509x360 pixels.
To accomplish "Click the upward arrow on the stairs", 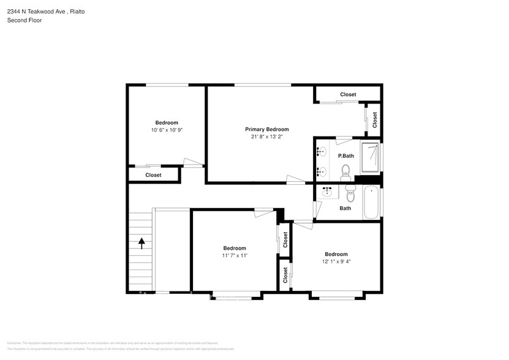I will [142, 243].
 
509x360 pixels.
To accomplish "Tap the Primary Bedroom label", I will [266, 129].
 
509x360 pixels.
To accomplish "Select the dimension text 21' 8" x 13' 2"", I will [266, 137].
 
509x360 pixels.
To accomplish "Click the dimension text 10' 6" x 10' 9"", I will [167, 130].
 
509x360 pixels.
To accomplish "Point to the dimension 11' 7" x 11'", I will [235, 255].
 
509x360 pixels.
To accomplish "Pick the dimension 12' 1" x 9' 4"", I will [336, 261].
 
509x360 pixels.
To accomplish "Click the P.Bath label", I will [346, 156].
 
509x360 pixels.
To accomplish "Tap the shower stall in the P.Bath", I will [369, 157].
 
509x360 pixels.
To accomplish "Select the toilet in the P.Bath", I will [345, 171].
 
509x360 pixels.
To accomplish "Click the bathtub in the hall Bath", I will [371, 203].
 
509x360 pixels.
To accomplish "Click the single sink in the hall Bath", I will [328, 192].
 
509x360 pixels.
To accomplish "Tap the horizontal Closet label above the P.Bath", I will [348, 94].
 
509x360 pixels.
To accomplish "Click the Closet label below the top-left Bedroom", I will [153, 175].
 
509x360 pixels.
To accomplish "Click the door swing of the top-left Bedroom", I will [194, 162].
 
